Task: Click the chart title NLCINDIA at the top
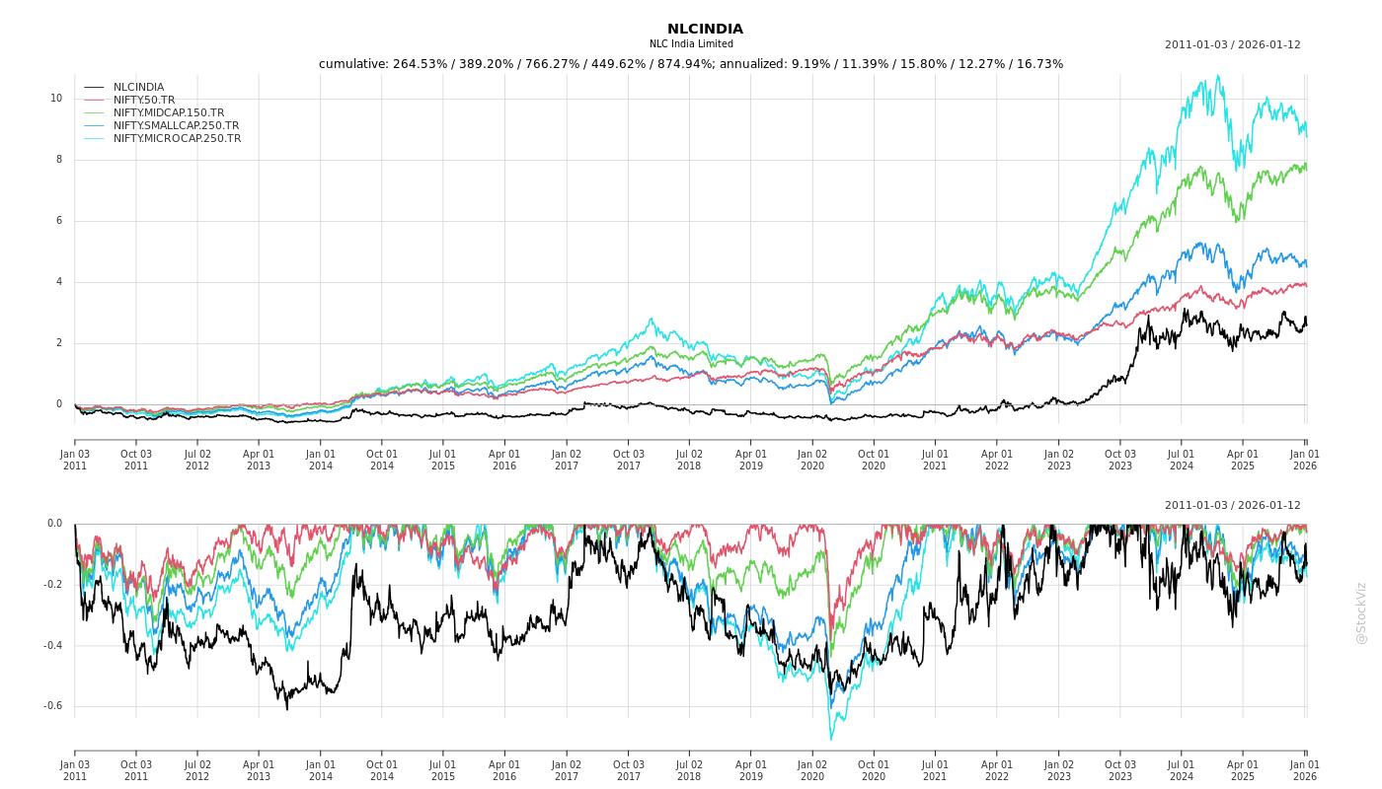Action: click(705, 30)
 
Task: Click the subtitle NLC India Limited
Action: click(691, 44)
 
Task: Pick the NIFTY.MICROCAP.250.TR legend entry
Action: click(177, 139)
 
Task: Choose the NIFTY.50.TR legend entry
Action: click(144, 101)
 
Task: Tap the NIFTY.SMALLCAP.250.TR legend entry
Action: click(176, 126)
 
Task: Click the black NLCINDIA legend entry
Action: click(138, 88)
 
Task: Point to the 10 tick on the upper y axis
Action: click(56, 99)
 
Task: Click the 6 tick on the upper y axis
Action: click(59, 221)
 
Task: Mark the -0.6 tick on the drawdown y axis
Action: click(52, 706)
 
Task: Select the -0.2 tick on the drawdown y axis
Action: click(52, 585)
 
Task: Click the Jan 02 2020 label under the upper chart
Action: click(812, 460)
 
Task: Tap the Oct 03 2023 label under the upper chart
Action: click(1119, 460)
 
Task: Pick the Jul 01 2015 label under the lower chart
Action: click(443, 770)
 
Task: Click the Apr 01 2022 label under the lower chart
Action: click(997, 770)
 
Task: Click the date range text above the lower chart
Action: click(1232, 506)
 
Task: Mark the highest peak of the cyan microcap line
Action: click(1218, 76)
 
